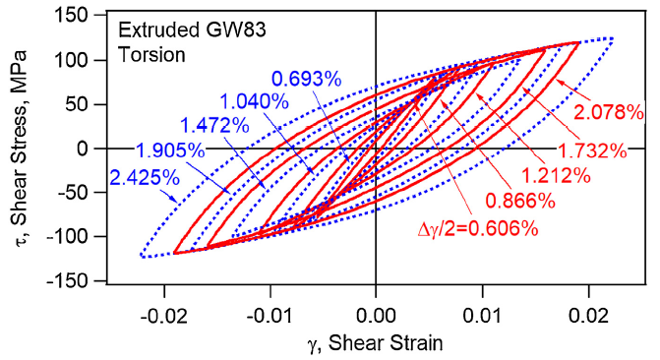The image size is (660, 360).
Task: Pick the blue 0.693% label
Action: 301,76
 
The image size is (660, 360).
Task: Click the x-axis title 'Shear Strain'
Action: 374,342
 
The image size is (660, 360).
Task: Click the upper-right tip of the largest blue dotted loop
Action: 612,39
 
